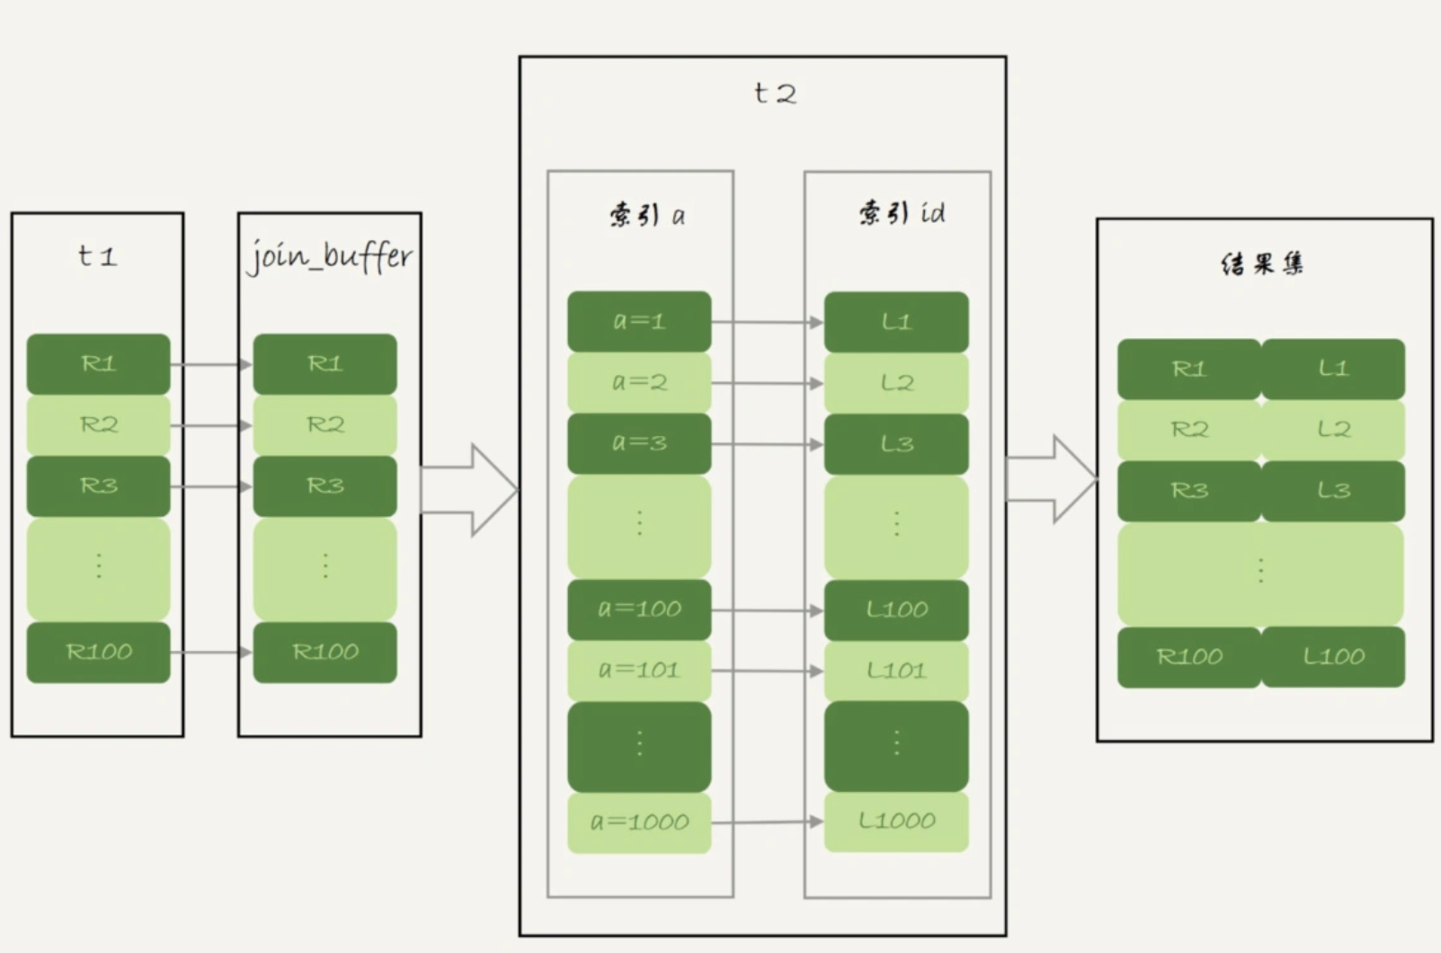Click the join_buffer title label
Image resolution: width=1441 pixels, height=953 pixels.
330,256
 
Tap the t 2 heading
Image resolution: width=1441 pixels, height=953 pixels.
775,94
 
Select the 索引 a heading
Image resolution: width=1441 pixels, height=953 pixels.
647,214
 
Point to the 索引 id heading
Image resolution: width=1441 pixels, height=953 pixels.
902,213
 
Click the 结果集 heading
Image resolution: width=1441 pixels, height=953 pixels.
1262,263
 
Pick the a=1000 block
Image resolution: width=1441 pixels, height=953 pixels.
639,823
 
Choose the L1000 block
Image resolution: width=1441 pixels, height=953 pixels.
897,822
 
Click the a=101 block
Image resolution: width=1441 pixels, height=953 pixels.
639,671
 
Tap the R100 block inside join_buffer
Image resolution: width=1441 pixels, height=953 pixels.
325,653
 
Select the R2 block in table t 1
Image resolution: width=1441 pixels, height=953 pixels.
98,425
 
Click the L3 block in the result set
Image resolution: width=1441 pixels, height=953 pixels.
1333,491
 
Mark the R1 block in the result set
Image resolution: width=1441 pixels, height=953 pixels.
1189,370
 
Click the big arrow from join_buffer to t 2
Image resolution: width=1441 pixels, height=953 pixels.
469,490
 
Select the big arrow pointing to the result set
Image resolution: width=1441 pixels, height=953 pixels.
1052,479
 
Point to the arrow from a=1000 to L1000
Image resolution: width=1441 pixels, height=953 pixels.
768,822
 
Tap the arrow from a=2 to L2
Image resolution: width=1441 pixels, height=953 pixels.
768,384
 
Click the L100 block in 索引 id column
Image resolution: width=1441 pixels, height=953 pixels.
897,610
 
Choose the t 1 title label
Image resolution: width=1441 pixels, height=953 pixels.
97,256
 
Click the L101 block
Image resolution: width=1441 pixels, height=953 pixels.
897,672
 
